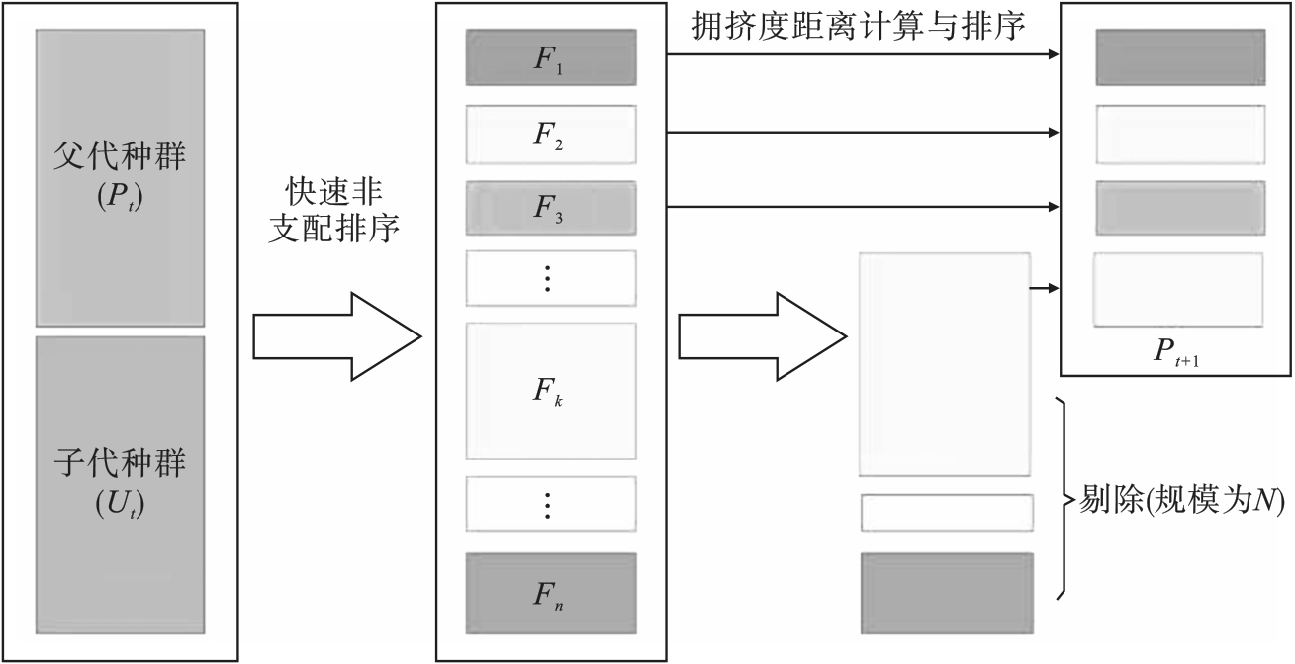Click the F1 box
click(x=550, y=56)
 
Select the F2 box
click(x=550, y=133)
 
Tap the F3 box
click(x=550, y=207)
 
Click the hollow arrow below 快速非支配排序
click(x=336, y=336)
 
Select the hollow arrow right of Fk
click(x=760, y=336)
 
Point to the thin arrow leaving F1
click(x=861, y=55)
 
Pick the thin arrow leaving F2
click(x=861, y=132)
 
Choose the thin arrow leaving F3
click(x=861, y=207)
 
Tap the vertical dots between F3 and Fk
click(x=550, y=278)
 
